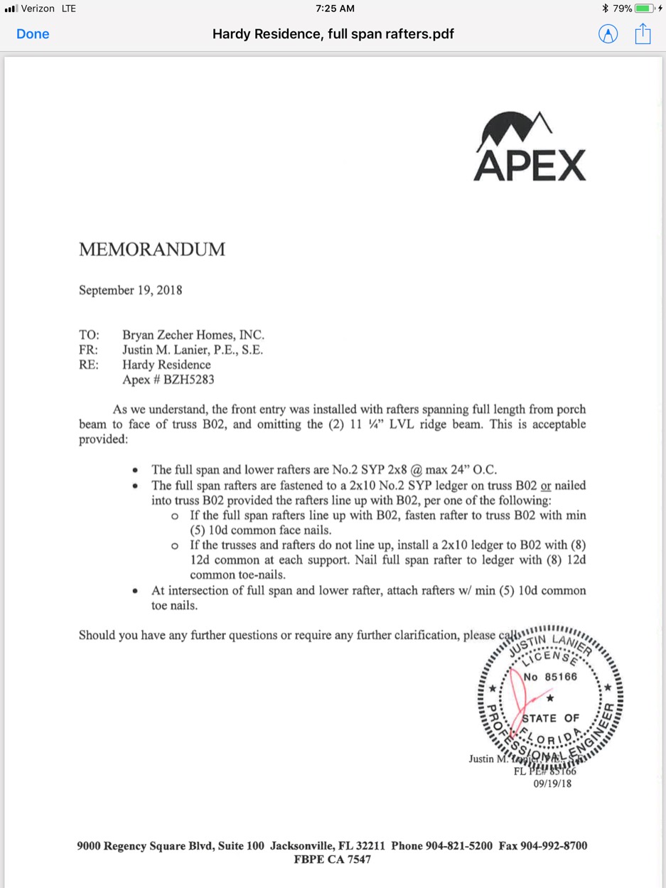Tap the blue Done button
click(33, 34)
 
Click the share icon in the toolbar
click(643, 33)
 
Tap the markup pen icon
click(608, 34)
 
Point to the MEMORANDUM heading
click(152, 250)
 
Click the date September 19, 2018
click(131, 290)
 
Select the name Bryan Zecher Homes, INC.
click(193, 335)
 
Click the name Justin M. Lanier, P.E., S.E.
click(193, 350)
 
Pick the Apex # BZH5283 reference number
click(168, 380)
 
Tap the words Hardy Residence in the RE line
click(166, 365)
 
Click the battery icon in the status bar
click(643, 9)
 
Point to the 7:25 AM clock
click(334, 9)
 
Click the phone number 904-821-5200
click(458, 846)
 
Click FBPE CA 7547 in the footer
click(333, 860)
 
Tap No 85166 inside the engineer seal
click(551, 677)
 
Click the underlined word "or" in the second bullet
click(546, 486)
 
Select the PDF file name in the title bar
click(333, 34)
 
